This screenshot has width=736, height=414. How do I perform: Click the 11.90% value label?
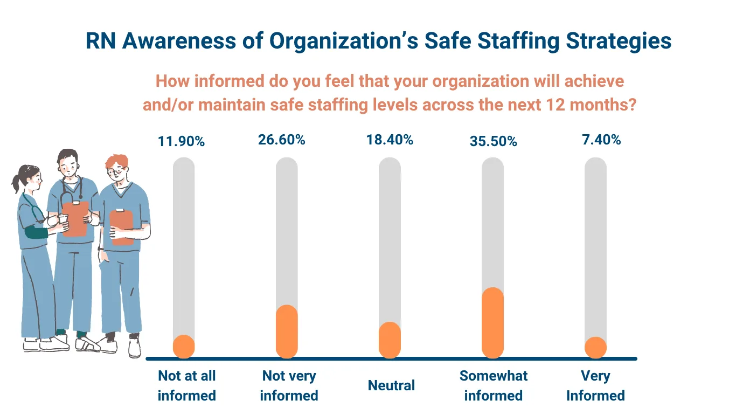click(181, 142)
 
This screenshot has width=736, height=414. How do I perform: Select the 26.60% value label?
click(282, 140)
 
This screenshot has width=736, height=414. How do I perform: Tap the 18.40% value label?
click(390, 140)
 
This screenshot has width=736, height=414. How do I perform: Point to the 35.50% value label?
click(493, 142)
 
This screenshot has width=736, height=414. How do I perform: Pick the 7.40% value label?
click(595, 140)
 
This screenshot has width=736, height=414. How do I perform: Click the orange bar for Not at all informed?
click(184, 347)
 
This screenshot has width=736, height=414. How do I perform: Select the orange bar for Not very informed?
click(287, 332)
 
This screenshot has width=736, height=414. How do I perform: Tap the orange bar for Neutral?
click(390, 340)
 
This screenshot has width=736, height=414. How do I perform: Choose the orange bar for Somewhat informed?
click(492, 322)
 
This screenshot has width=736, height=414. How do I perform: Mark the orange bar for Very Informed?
click(595, 348)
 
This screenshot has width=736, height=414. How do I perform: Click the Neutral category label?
click(392, 385)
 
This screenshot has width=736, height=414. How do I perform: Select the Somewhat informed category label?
click(494, 385)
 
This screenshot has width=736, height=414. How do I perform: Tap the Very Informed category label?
click(595, 385)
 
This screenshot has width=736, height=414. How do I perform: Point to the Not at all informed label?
click(186, 385)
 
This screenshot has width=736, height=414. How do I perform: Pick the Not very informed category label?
click(289, 385)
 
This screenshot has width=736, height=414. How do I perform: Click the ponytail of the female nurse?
click(16, 183)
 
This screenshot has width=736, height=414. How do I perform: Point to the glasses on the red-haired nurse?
click(116, 172)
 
